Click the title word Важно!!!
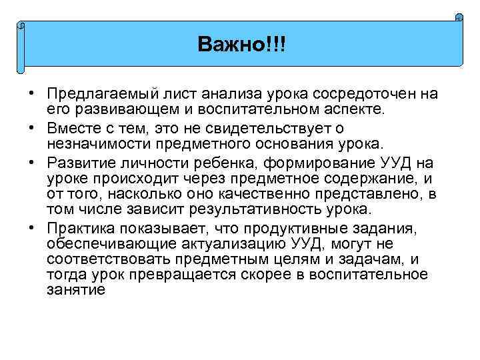click(x=241, y=45)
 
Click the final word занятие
click(x=77, y=291)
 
